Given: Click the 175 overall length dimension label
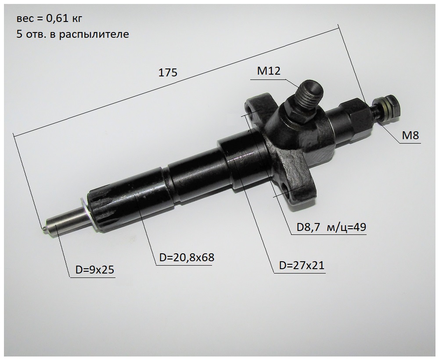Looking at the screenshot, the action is (x=168, y=72).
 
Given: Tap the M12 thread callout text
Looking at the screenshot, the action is (x=269, y=71).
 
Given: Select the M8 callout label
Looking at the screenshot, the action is (x=410, y=136).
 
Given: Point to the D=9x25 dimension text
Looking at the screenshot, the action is (x=95, y=270).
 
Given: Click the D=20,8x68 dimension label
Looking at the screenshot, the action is (x=187, y=257).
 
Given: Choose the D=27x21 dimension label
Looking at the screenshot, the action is (x=302, y=265).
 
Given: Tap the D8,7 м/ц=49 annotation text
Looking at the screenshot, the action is (x=331, y=227).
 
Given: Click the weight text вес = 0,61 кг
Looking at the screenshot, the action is (x=50, y=19).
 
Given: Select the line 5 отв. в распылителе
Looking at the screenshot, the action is (x=73, y=34).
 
